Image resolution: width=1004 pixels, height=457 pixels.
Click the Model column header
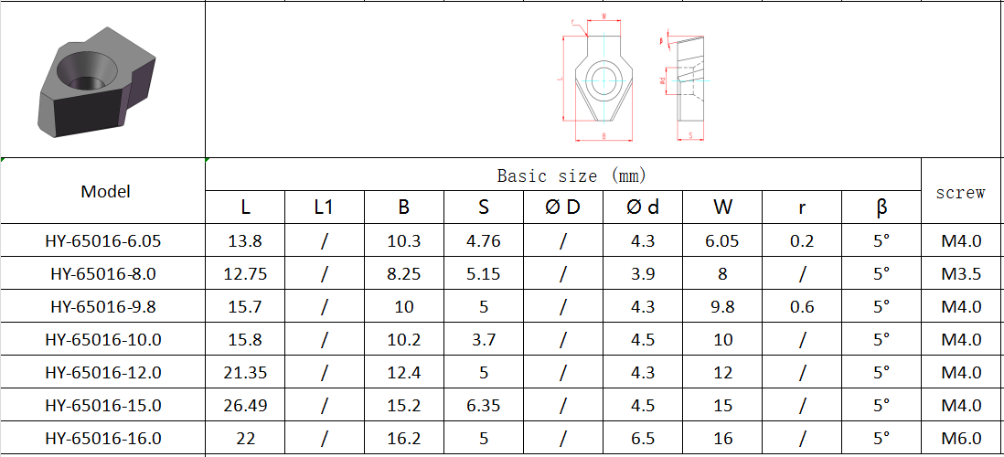105,191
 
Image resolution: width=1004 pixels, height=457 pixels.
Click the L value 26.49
245,406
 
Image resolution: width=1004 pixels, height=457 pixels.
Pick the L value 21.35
245,373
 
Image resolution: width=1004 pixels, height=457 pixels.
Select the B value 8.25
403,274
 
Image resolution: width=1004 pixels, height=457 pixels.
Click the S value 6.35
483,406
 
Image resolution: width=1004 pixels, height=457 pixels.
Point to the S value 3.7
483,340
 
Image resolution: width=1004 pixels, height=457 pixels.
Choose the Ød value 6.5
643,439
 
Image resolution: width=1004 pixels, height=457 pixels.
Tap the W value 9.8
722,307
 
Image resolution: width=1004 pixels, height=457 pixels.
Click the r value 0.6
802,307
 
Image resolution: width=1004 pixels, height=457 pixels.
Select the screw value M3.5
961,274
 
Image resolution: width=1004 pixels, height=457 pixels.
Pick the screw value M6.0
961,439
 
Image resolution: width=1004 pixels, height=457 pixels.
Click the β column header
881,207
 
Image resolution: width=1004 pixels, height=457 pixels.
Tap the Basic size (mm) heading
562,175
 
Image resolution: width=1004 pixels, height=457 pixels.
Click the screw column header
961,192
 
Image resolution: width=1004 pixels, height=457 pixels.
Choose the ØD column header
562,207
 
